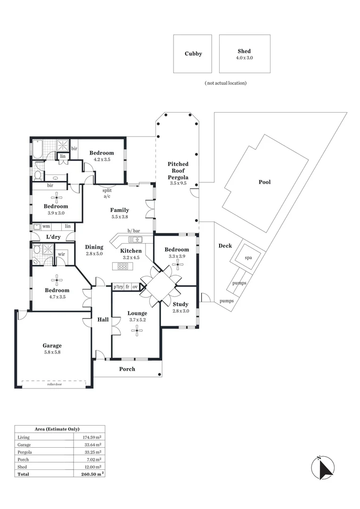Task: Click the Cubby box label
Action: (x=193, y=54)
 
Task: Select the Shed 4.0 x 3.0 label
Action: (x=244, y=54)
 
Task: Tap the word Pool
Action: (x=264, y=182)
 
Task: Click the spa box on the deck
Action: (x=248, y=258)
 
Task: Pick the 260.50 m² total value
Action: (x=89, y=474)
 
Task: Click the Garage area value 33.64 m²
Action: (x=90, y=444)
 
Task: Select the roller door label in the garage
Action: (x=55, y=384)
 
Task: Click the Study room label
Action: (x=180, y=304)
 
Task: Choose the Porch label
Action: (x=127, y=369)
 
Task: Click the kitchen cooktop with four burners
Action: (x=123, y=266)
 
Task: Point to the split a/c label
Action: (x=107, y=193)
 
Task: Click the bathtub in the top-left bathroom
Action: (x=37, y=149)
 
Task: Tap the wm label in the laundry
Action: (x=46, y=226)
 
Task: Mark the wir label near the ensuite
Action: (x=61, y=254)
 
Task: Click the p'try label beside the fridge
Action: (x=117, y=287)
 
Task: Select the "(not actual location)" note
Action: (x=226, y=83)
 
